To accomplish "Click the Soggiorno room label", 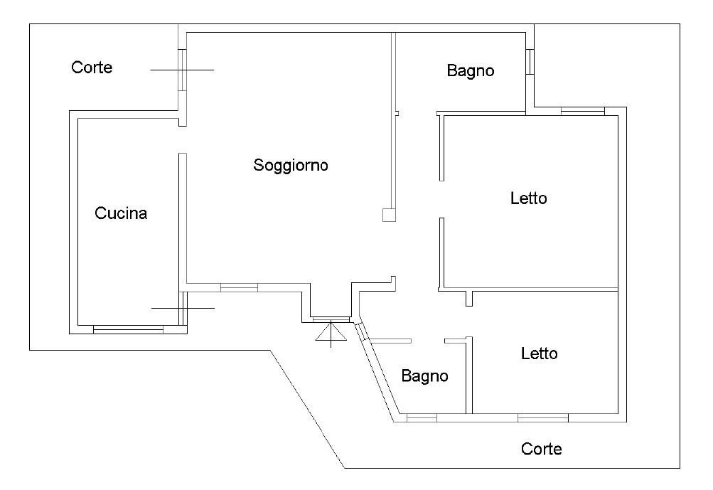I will pyautogui.click(x=291, y=166).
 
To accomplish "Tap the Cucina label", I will pyautogui.click(x=121, y=213).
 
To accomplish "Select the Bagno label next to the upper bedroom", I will pyautogui.click(x=470, y=71).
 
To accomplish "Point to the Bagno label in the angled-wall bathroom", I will pyautogui.click(x=424, y=376).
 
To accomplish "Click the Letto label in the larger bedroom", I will pyautogui.click(x=528, y=198).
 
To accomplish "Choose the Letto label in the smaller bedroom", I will pyautogui.click(x=539, y=353).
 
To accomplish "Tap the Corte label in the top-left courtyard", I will pyautogui.click(x=92, y=68).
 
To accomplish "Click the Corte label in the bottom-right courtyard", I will pyautogui.click(x=541, y=449).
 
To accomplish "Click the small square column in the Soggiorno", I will pyautogui.click(x=388, y=215).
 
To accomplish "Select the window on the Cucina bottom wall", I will pyautogui.click(x=128, y=329).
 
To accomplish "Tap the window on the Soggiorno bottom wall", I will pyautogui.click(x=239, y=287).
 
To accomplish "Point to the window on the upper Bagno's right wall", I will pyautogui.click(x=530, y=62).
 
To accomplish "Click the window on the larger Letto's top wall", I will pyautogui.click(x=582, y=110).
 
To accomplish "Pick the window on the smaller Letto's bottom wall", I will pyautogui.click(x=542, y=417).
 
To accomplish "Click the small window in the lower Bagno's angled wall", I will pyautogui.click(x=361, y=331).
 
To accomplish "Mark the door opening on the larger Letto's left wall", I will pyautogui.click(x=441, y=199).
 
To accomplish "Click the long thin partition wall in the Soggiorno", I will pyautogui.click(x=392, y=121).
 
